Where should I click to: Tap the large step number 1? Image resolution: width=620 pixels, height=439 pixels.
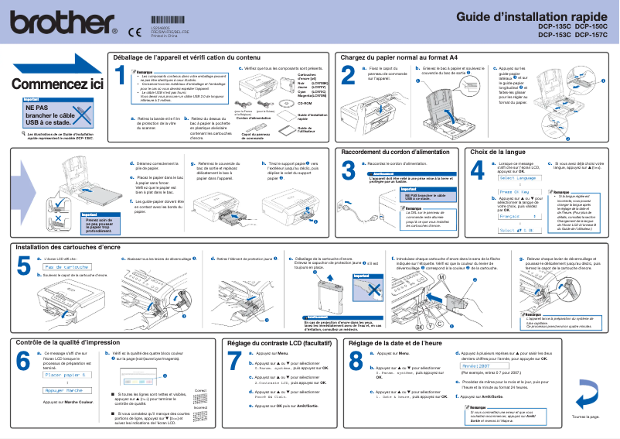[x=120, y=75]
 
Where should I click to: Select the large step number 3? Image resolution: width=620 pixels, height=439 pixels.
[x=349, y=170]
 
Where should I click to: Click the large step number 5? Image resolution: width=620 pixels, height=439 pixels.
[x=24, y=267]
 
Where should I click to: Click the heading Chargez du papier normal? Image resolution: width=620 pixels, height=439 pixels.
[x=399, y=57]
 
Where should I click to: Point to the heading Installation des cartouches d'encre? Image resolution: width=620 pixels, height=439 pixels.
[x=69, y=247]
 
